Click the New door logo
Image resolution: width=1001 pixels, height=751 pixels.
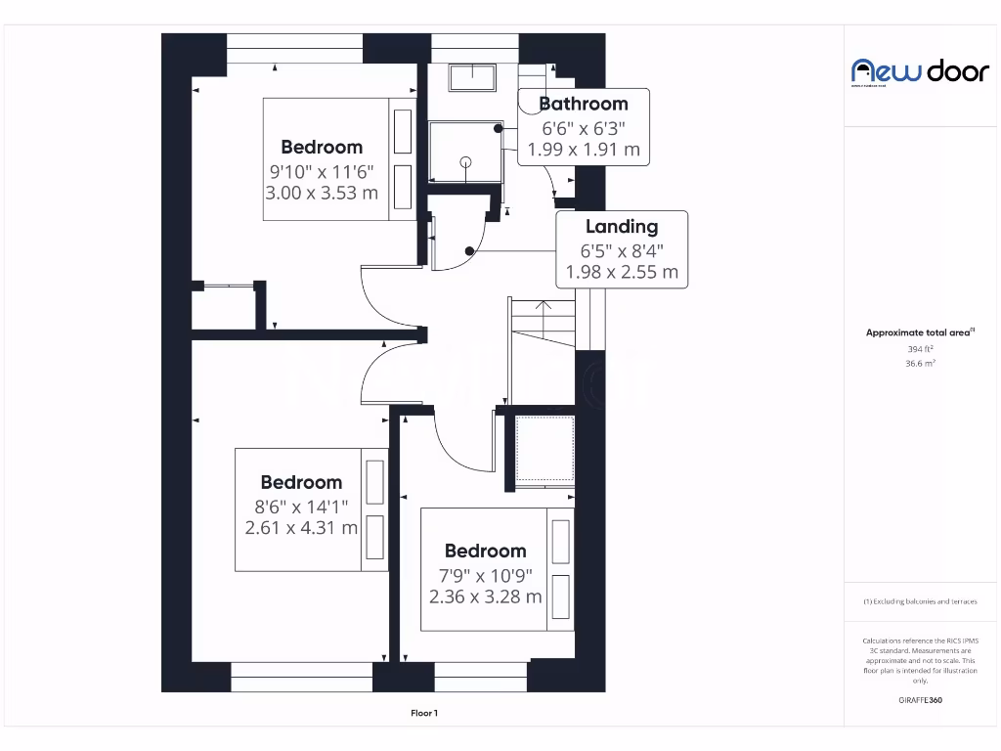[x=920, y=71]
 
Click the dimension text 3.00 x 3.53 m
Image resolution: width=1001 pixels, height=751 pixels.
[x=322, y=193]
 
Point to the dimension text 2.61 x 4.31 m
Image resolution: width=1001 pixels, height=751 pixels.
[x=301, y=528]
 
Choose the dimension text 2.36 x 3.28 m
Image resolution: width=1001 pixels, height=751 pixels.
[x=485, y=596]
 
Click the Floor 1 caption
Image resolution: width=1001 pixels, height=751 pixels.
[x=423, y=714]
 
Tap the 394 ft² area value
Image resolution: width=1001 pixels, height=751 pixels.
[x=920, y=349]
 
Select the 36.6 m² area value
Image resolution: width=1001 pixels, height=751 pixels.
[x=920, y=363]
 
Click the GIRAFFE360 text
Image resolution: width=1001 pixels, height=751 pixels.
[x=920, y=700]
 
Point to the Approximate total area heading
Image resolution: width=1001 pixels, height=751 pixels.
[x=919, y=332]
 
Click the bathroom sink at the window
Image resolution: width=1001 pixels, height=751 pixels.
[x=475, y=77]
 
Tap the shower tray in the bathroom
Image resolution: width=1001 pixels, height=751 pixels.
[x=464, y=153]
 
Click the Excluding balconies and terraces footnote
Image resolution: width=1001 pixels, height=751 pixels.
[x=920, y=601]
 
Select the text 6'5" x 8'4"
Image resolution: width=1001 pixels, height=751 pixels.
[x=622, y=249]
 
